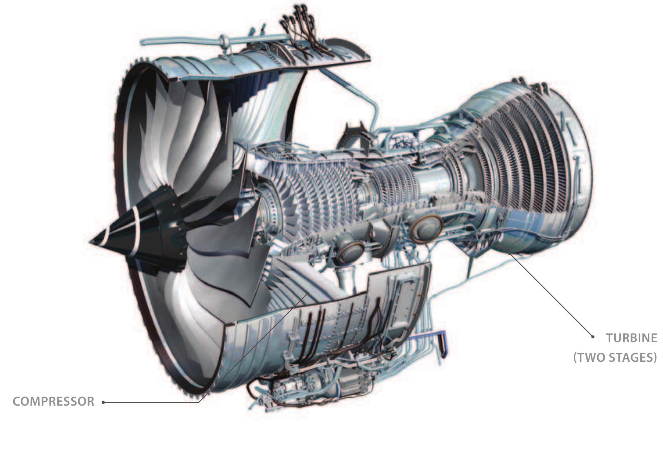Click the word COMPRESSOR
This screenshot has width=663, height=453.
pyautogui.click(x=54, y=402)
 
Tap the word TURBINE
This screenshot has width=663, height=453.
pyautogui.click(x=631, y=338)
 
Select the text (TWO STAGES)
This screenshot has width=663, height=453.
pyautogui.click(x=615, y=357)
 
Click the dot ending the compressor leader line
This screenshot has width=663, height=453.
pyautogui.click(x=104, y=402)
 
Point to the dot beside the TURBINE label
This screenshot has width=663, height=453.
pyautogui.click(x=593, y=336)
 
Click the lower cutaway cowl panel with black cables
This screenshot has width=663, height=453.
pyautogui.click(x=332, y=317)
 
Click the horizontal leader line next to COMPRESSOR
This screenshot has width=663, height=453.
pyautogui.click(x=152, y=402)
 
